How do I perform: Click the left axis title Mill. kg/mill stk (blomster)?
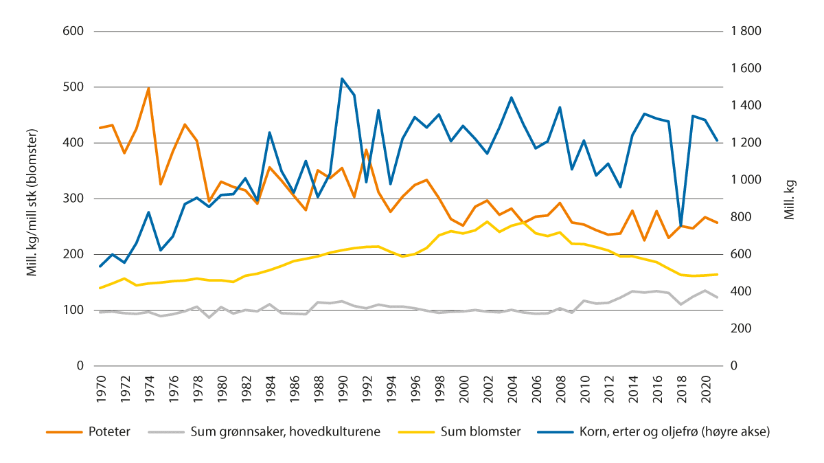pyautogui.click(x=32, y=199)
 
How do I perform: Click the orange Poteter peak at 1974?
pyautogui.click(x=148, y=88)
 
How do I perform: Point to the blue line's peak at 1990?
pyautogui.click(x=342, y=78)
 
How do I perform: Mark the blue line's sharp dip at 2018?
pyautogui.click(x=680, y=225)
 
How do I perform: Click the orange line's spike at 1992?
pyautogui.click(x=367, y=150)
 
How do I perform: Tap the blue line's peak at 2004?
pyautogui.click(x=512, y=98)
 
